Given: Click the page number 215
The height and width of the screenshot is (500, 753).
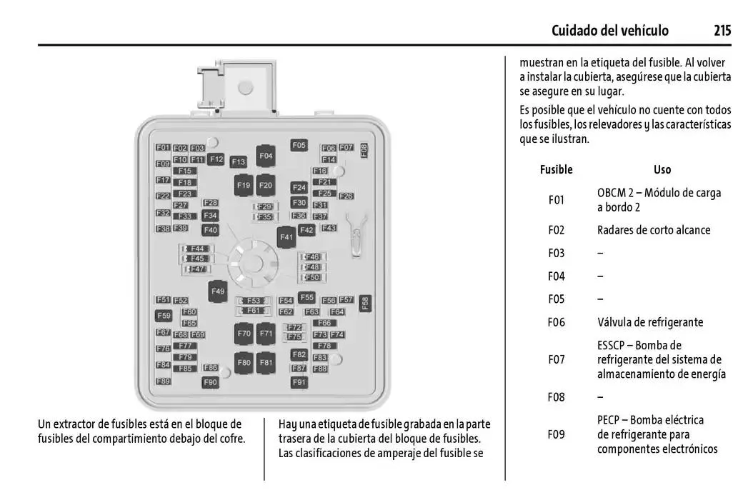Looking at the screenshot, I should click(722, 31).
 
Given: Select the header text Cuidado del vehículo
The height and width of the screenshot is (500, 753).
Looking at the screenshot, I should click(610, 31).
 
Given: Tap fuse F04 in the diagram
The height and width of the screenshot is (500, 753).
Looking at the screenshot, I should click(266, 155).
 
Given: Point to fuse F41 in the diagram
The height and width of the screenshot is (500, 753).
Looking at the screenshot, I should click(286, 237).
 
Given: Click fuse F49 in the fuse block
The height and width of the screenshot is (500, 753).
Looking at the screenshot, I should click(218, 291).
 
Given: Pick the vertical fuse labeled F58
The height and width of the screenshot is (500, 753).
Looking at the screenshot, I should click(364, 304).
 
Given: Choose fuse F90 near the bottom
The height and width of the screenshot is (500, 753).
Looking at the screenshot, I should click(210, 382).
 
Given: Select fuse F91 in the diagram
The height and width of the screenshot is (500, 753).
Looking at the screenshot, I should click(299, 382).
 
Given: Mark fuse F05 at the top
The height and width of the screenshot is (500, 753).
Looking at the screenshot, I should click(299, 145).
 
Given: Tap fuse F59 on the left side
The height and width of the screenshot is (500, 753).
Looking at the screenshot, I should click(164, 316).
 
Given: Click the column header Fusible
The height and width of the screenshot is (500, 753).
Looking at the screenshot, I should click(556, 170).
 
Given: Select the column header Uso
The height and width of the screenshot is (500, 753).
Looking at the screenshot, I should click(662, 170).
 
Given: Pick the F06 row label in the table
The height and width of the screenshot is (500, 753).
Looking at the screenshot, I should click(556, 322).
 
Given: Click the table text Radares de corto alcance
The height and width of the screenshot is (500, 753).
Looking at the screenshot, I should click(654, 230).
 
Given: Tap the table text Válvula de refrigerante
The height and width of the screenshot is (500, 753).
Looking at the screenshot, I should click(650, 322).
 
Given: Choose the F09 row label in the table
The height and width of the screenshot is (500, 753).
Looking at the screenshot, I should click(556, 434).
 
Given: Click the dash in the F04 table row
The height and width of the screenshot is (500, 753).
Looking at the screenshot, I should click(600, 276).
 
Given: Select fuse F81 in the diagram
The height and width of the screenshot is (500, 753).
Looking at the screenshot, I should click(266, 363).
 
